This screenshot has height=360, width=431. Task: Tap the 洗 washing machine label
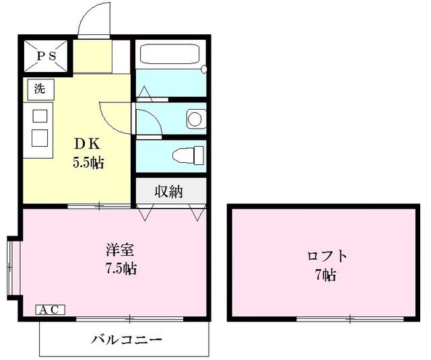tap(40, 87)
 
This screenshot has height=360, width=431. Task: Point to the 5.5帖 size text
tap(88, 162)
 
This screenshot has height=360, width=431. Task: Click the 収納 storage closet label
tap(170, 191)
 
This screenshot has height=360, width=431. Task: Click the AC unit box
tap(50, 310)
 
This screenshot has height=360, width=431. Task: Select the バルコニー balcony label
tap(127, 338)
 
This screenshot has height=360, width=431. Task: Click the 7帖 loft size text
tap(327, 275)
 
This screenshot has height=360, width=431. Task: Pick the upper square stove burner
tap(40, 115)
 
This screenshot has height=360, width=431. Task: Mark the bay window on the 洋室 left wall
tap(9, 266)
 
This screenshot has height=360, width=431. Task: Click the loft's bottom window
tap(350, 318)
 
